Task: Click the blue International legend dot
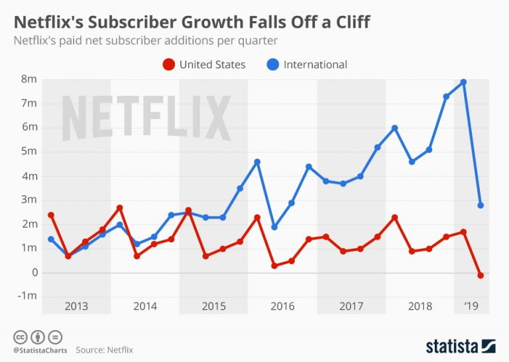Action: [x=272, y=64]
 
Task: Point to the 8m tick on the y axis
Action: [x=28, y=79]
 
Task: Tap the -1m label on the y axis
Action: [x=27, y=296]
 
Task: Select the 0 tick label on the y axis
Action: [x=32, y=272]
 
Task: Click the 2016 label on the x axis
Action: [x=282, y=306]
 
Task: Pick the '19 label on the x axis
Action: [x=471, y=306]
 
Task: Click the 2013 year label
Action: [x=76, y=306]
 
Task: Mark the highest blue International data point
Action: [x=464, y=82]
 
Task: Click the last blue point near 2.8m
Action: [x=481, y=205]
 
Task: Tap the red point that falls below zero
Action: [x=481, y=275]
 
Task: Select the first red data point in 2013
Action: [x=51, y=215]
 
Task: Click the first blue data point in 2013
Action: [x=51, y=239]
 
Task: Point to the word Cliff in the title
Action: [x=346, y=22]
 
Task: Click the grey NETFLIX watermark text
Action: [x=146, y=118]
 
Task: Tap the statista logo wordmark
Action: [x=453, y=345]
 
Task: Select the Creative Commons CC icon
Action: [x=19, y=336]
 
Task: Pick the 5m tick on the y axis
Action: [x=28, y=152]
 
